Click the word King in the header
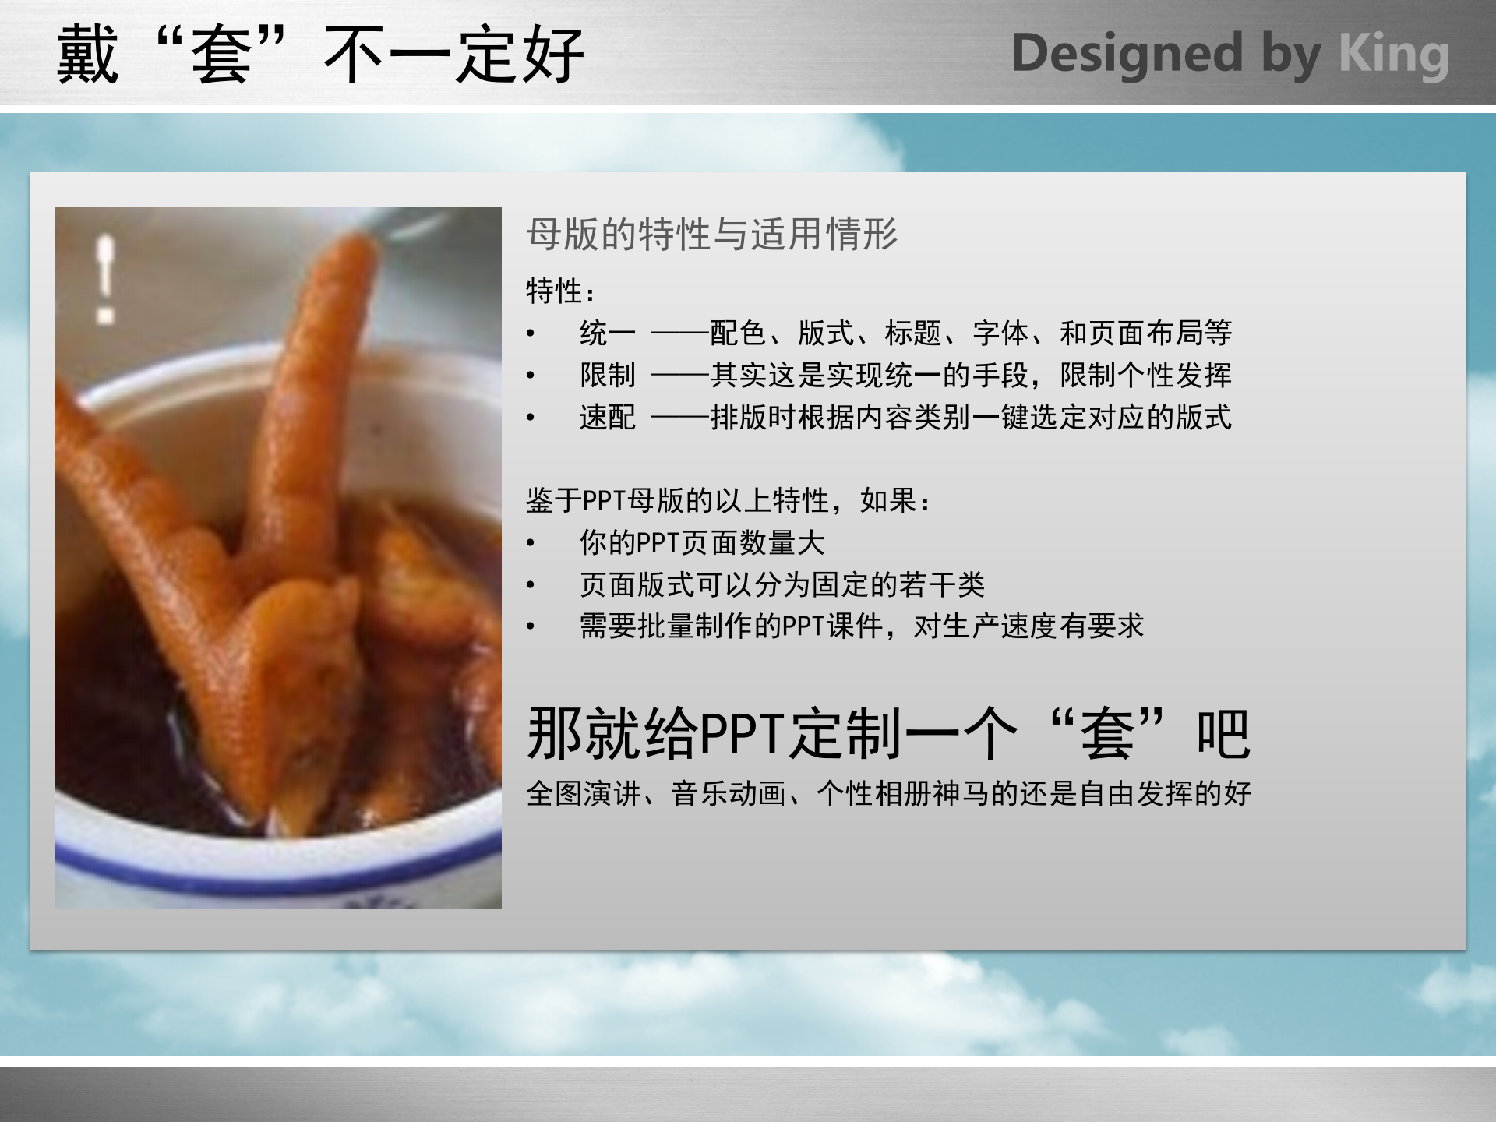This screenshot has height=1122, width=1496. tap(1393, 55)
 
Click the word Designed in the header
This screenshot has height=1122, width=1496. tap(1127, 55)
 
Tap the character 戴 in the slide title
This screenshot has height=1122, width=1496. tap(87, 55)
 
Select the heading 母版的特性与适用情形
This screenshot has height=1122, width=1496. tap(711, 234)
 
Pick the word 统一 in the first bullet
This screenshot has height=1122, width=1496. tap(607, 333)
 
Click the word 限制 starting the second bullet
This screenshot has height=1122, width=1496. tap(607, 376)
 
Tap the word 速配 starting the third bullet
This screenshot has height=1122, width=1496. tap(607, 418)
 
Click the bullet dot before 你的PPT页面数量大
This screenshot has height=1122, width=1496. tap(531, 543)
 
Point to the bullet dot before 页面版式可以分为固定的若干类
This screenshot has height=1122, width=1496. tap(531, 585)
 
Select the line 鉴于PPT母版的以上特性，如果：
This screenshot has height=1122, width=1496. tap(729, 501)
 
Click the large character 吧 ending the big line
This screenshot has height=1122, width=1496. tap(1223, 734)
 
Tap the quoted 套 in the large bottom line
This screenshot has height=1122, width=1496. tap(1107, 734)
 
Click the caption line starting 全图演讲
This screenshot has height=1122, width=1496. tap(888, 794)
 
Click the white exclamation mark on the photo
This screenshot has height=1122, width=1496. tap(105, 277)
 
